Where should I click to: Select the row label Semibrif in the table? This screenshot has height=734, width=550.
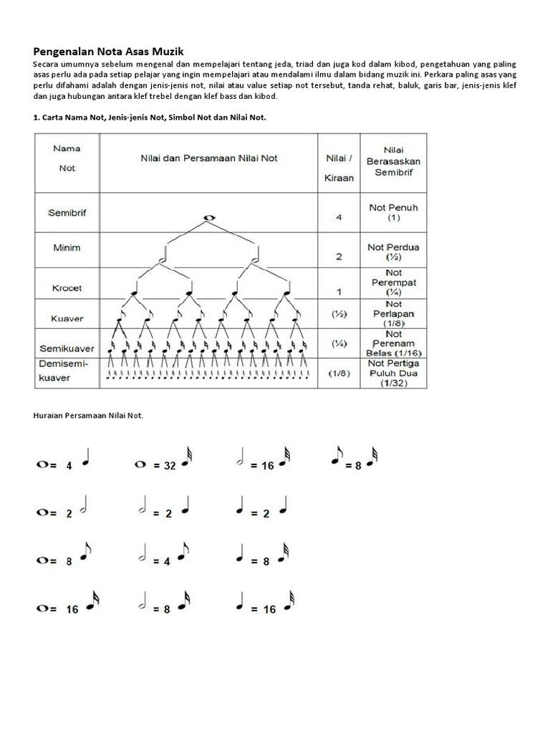(67, 213)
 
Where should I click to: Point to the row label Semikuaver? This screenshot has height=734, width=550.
(67, 348)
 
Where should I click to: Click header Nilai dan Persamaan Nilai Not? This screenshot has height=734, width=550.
(208, 158)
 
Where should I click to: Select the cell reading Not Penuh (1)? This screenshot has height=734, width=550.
(393, 211)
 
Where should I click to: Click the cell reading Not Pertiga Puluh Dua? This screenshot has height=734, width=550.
(393, 373)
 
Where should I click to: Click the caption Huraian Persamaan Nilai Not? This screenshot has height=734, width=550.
(89, 415)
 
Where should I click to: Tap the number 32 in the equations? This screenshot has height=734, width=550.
(170, 465)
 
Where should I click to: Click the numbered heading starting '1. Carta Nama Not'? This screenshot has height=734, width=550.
(149, 118)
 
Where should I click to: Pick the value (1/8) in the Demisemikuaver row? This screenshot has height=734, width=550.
(339, 373)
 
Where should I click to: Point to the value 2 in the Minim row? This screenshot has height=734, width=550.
(339, 255)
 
